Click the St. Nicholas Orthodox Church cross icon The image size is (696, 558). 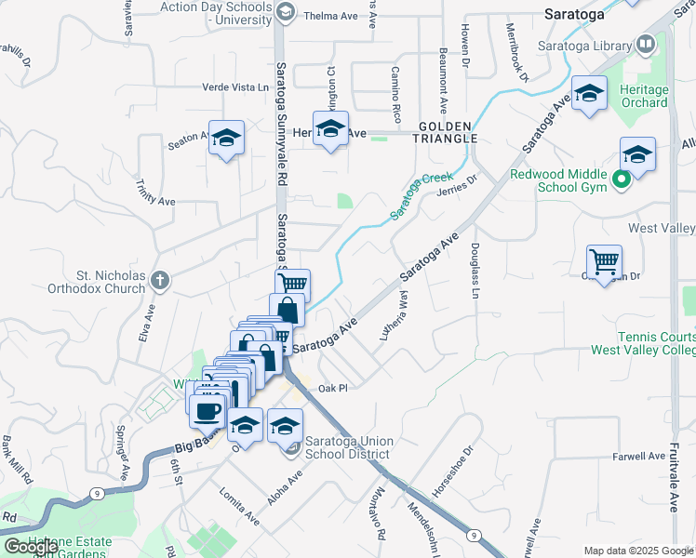point(161,279)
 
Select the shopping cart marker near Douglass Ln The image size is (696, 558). point(604,261)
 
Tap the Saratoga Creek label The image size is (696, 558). point(421,195)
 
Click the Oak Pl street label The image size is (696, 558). point(332,388)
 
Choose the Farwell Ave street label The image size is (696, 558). point(640,458)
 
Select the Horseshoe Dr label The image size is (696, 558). point(453,472)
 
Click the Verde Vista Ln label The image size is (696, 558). point(236,87)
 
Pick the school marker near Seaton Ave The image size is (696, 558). point(226,138)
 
